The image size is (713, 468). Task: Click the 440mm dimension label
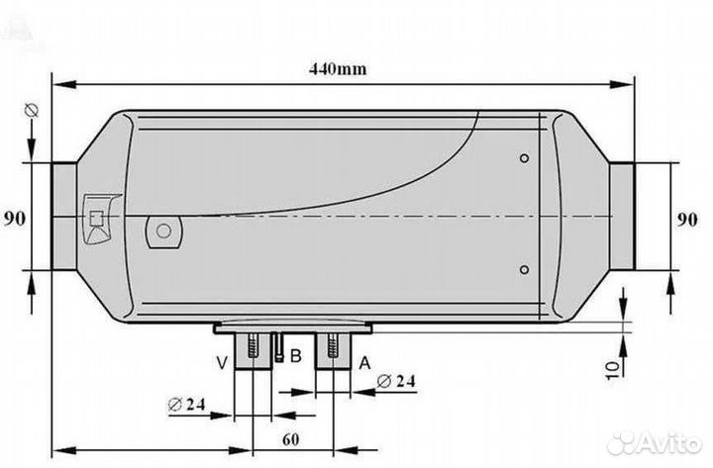[x=338, y=69]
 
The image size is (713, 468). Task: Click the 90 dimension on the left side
[x=15, y=219]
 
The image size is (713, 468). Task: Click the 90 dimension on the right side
[x=687, y=220]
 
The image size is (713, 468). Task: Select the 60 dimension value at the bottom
[x=291, y=439]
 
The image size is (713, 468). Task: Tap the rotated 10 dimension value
[x=613, y=368]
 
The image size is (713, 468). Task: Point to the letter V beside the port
[x=222, y=363]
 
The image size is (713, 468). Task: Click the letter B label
[x=295, y=356]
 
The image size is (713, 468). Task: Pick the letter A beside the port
[x=364, y=363]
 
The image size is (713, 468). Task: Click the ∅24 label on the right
[x=396, y=381]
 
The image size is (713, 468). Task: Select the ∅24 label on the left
[x=186, y=404]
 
